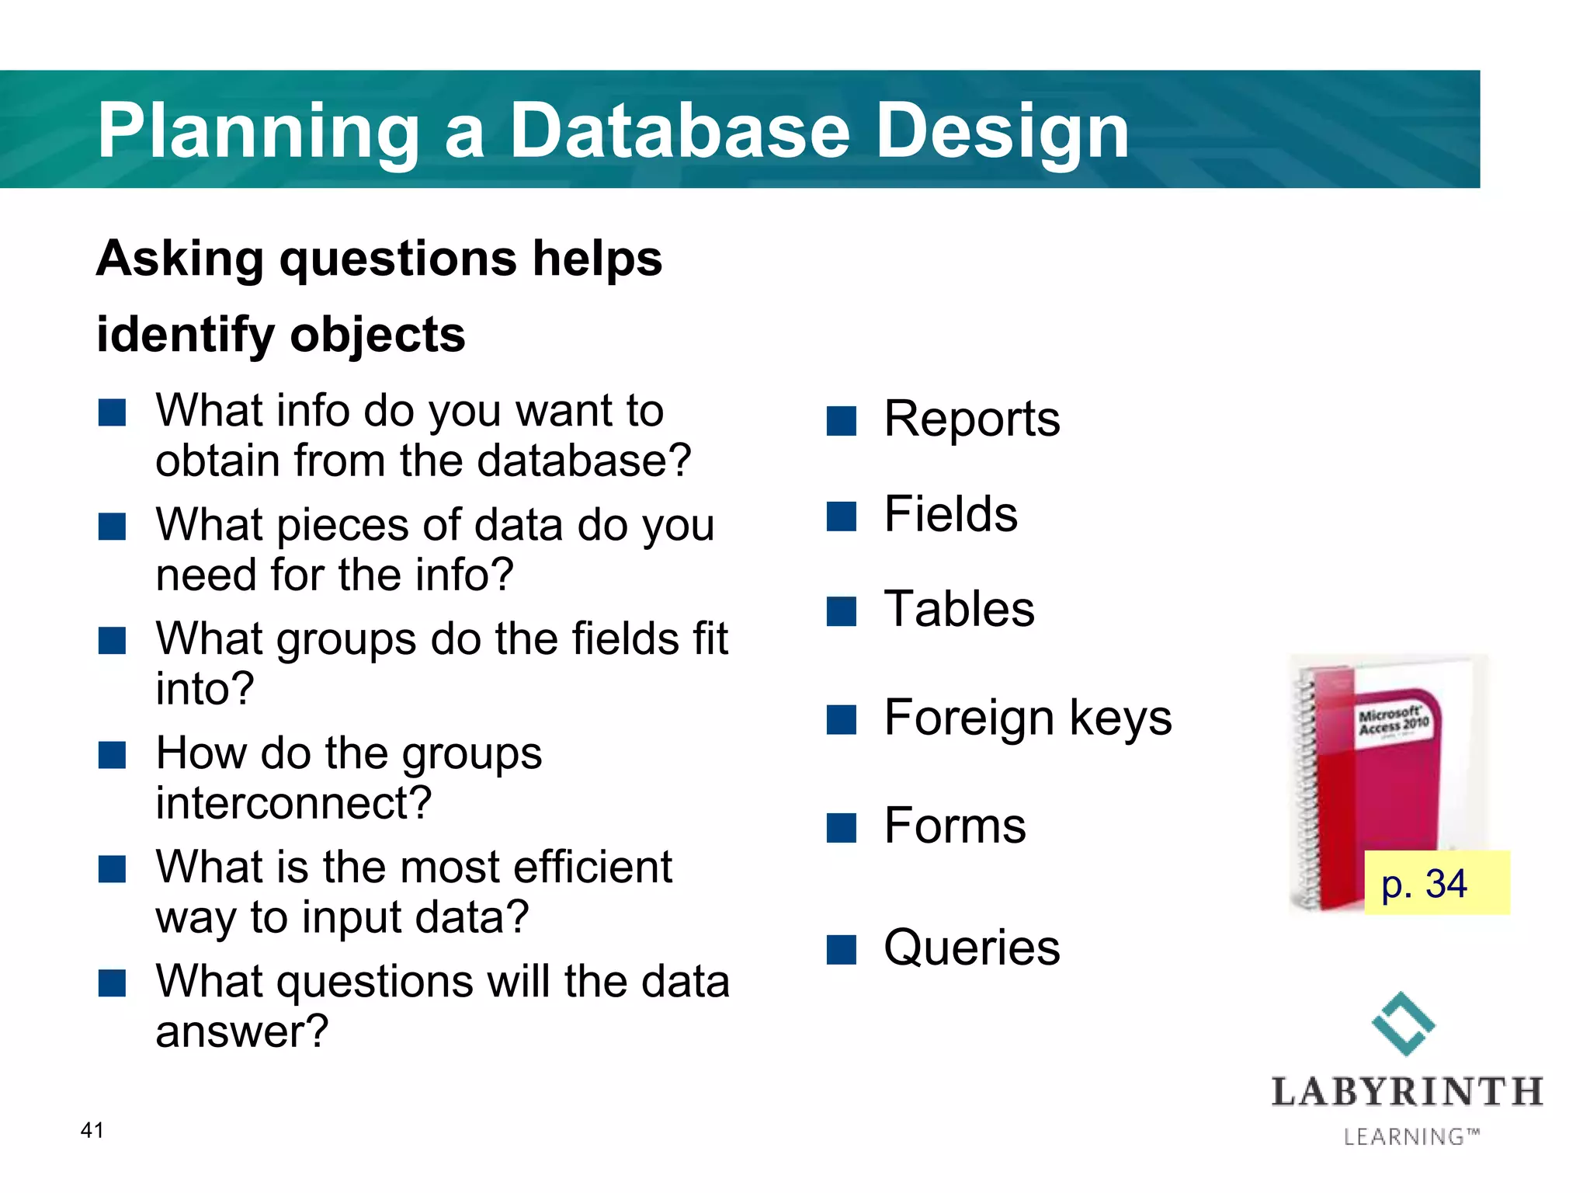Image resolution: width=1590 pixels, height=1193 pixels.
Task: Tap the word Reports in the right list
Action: click(x=971, y=419)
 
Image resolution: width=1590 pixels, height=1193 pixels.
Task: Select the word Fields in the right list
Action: click(x=950, y=514)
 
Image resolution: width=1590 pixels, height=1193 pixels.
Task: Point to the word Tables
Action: click(x=959, y=609)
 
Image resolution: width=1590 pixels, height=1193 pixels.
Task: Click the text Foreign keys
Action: click(x=1027, y=717)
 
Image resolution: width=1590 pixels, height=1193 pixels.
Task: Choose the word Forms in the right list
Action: click(x=954, y=826)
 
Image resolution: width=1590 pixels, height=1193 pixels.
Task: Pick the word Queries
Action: click(x=971, y=948)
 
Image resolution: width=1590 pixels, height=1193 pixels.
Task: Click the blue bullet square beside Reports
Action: click(x=841, y=421)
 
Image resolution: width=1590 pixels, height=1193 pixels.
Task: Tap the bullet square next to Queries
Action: click(x=841, y=949)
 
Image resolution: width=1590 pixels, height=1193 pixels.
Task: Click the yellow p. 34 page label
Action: click(x=1436, y=883)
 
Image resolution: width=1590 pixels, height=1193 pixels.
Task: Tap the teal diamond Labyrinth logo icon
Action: click(x=1403, y=1024)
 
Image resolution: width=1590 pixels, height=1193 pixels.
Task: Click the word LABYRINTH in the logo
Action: click(x=1407, y=1091)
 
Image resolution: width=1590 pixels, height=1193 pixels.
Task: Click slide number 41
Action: click(x=92, y=1130)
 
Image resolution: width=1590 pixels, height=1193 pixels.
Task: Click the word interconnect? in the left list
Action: click(x=293, y=803)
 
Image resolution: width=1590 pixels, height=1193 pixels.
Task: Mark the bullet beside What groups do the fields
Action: click(x=112, y=642)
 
